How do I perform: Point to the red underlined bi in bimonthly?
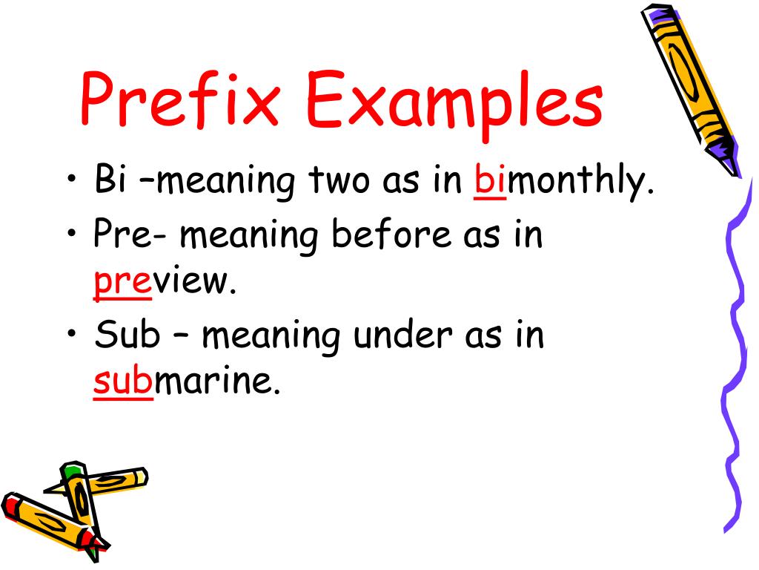click(x=490, y=183)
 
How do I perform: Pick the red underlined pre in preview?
click(x=122, y=284)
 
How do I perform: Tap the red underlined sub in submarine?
click(x=123, y=383)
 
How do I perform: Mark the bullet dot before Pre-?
click(x=72, y=237)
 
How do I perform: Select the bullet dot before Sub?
click(x=72, y=337)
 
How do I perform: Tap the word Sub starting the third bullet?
click(x=127, y=335)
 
